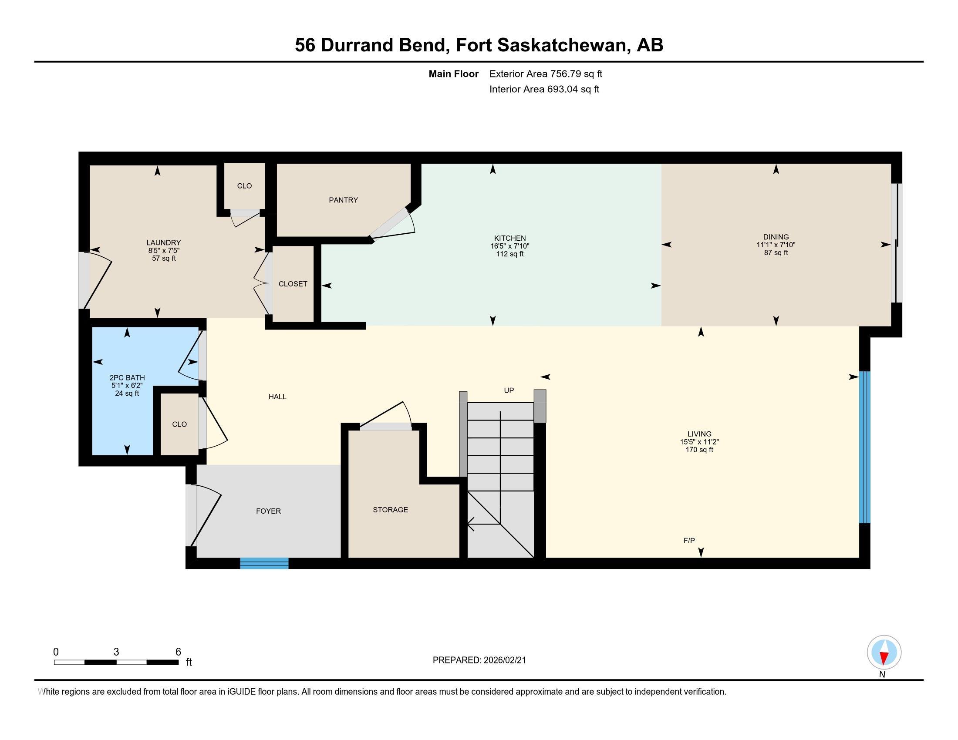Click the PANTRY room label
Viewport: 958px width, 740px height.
(343, 200)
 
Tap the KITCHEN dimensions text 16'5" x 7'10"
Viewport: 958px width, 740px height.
(510, 246)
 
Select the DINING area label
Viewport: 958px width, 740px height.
(776, 237)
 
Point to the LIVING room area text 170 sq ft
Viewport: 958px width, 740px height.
(699, 450)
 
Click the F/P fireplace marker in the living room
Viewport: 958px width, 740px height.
(689, 541)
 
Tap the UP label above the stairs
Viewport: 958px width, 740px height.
(509, 390)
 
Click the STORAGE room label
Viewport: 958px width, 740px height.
(391, 509)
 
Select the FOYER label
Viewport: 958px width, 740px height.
(268, 511)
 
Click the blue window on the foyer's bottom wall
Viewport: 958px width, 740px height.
(264, 563)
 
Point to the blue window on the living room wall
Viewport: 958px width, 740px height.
(864, 447)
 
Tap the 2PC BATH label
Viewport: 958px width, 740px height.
(127, 377)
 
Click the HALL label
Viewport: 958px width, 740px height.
(277, 396)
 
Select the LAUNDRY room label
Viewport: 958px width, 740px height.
(164, 242)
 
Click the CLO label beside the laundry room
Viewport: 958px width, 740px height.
(244, 186)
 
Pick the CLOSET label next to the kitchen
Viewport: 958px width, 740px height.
(293, 284)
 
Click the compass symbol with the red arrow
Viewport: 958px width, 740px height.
(884, 653)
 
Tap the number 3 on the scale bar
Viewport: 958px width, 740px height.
(116, 652)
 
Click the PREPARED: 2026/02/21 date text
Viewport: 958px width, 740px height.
(479, 660)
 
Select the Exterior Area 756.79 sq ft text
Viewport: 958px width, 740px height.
(546, 74)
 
